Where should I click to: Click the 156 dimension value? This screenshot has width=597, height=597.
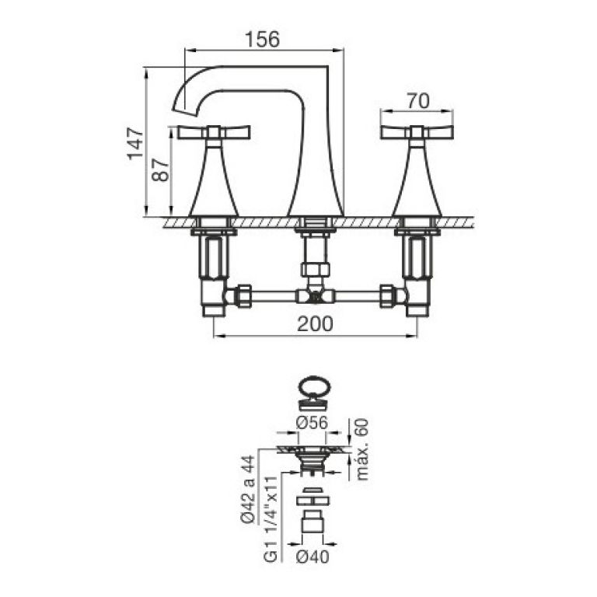(x=262, y=39)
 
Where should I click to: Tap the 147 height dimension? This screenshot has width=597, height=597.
(x=135, y=144)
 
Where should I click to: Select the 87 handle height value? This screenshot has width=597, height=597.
(x=160, y=170)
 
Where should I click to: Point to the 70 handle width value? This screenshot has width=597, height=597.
(x=417, y=101)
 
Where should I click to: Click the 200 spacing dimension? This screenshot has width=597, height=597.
(x=315, y=324)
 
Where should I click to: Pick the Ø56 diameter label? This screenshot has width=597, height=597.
(x=312, y=423)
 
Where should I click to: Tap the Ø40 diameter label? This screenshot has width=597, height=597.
(x=312, y=557)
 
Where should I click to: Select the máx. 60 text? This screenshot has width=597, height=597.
(x=362, y=449)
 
